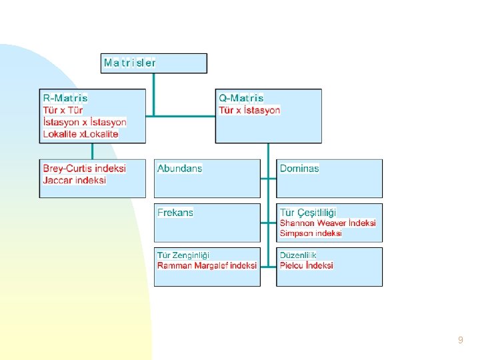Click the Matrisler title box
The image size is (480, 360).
pos(153,63)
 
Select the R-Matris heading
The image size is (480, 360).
pos(65,98)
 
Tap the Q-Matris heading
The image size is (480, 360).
pos(241,98)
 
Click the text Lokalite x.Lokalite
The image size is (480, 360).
pos(81,134)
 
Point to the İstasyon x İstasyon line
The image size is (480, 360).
pos(85,122)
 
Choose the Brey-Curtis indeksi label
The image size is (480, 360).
pos(85,168)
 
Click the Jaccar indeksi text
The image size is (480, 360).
pos(75,180)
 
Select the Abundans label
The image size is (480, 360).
pos(179,169)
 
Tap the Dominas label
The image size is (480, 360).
pos(299,169)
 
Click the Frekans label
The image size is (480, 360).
pos(175,213)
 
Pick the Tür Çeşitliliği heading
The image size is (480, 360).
pos(308,213)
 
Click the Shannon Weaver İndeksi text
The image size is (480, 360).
pos(328,223)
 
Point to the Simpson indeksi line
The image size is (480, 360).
pos(311,233)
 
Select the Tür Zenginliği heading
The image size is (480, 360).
pos(183,255)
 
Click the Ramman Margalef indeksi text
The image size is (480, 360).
pos(207,265)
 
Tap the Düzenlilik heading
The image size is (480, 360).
pos(298,255)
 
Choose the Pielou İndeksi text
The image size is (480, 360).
pos(306,265)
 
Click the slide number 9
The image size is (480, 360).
pos(461,340)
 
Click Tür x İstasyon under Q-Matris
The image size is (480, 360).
pos(250,110)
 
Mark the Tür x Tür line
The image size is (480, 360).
pos(63,110)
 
